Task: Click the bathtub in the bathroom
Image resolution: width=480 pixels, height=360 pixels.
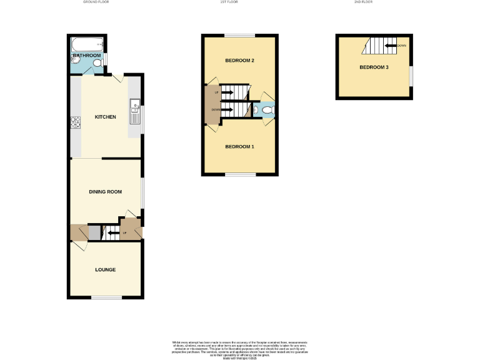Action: click(x=86, y=44)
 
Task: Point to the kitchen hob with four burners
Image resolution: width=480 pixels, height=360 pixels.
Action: click(x=76, y=122)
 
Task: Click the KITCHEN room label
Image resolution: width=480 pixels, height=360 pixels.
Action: click(x=105, y=117)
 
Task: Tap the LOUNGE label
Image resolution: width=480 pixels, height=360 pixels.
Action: click(x=105, y=270)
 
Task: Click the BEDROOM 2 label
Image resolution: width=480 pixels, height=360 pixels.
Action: click(x=239, y=61)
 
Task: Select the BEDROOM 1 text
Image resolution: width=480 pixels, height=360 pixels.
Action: click(x=239, y=147)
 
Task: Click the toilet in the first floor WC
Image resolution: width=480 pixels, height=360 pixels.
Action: click(x=267, y=111)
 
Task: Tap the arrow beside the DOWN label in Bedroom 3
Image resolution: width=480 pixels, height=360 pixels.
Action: click(x=391, y=46)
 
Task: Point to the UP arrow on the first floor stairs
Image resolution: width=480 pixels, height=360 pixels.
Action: click(x=226, y=93)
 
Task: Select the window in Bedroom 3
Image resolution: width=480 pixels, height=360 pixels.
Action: click(x=411, y=74)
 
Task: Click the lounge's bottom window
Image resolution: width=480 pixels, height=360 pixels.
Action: click(x=106, y=298)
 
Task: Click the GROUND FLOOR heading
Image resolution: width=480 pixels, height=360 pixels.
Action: click(x=96, y=2)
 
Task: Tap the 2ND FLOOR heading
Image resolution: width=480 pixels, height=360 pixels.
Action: click(x=362, y=2)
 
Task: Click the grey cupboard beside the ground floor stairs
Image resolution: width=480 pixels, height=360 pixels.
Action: click(x=94, y=234)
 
